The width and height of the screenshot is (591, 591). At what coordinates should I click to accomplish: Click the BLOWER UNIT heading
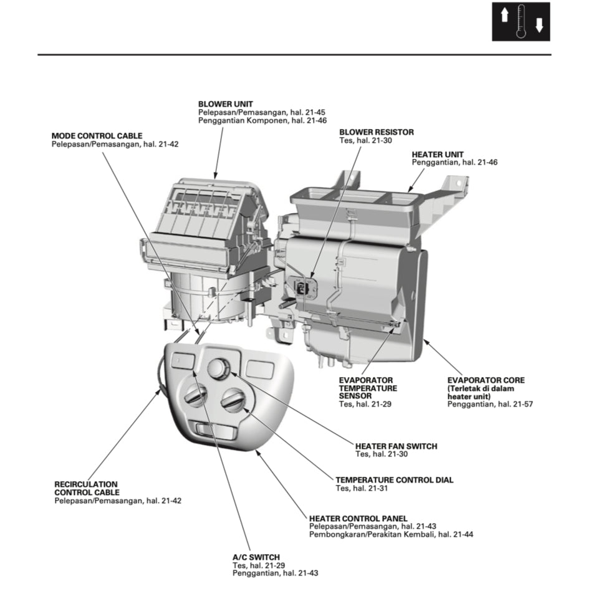pos(226,103)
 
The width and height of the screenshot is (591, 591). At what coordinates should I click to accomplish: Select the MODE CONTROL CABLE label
pos(97,135)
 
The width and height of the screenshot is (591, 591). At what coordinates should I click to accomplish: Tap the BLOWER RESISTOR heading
pos(376,132)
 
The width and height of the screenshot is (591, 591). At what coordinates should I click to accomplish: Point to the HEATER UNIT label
pos(437,153)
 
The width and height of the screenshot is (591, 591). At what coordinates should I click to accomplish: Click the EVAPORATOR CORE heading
pos(486,380)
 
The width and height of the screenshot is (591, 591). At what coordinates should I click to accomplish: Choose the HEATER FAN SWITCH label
pos(396,446)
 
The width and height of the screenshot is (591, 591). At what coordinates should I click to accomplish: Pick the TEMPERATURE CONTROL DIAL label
pos(394,480)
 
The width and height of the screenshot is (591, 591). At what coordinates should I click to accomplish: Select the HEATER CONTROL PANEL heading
pos(358,518)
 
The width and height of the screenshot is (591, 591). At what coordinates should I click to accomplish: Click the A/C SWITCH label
pos(256,557)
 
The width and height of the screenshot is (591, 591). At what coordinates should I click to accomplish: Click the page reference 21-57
pos(522,404)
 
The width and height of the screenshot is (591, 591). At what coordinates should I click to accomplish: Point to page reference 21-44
pos(462,534)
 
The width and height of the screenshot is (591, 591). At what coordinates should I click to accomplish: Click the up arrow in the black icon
pos(505,15)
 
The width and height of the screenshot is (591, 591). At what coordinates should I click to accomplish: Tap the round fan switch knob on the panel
pos(219,368)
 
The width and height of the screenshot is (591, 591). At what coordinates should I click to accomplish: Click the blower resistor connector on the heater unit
pos(304,288)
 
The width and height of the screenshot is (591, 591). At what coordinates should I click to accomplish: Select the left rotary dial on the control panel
pos(196,396)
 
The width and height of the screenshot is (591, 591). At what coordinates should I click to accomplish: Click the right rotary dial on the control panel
pos(234,400)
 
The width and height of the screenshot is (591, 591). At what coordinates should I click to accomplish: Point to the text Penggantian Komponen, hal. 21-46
pos(262,120)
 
